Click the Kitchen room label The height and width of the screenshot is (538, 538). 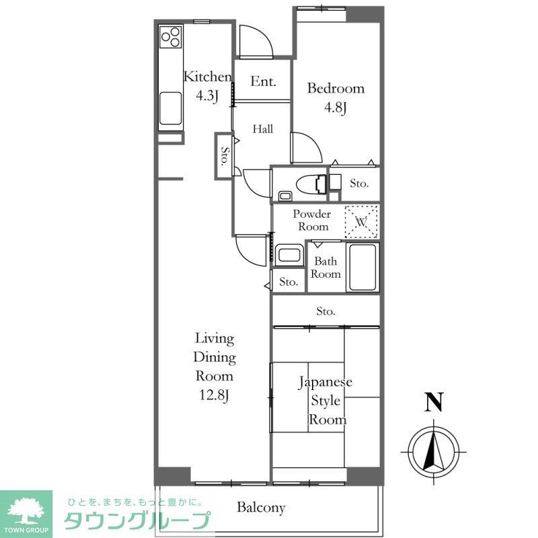coord(207,85)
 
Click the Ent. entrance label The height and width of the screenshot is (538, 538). coord(263,81)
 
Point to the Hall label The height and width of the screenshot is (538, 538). coord(262,129)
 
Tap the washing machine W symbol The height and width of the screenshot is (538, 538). coord(360,221)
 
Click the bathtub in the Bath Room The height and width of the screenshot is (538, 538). coord(362,268)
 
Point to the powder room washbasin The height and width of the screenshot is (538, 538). coord(289,256)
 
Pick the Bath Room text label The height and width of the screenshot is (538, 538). coord(325,268)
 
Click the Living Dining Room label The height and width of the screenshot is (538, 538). coord(214,366)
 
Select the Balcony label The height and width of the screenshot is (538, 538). coord(261,508)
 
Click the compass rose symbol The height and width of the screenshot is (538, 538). coord(434,449)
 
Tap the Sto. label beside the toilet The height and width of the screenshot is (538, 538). coord(358,184)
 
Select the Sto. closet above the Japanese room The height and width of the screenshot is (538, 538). coord(325,311)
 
